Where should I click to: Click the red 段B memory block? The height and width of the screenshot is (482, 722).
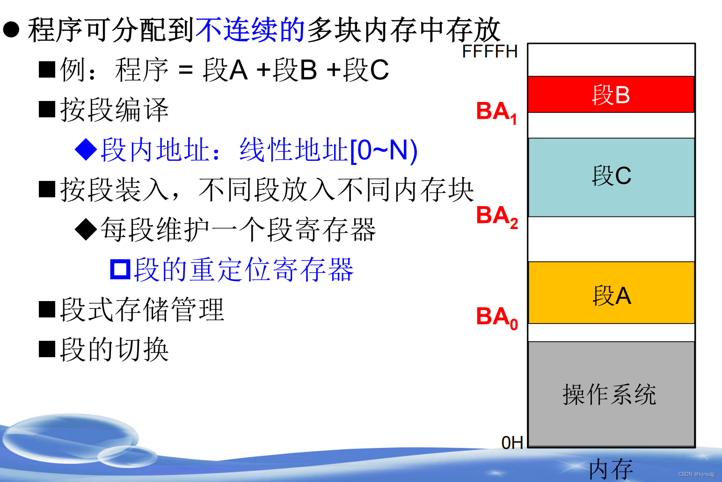[x=611, y=94]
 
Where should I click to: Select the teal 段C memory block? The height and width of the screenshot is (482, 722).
[x=611, y=177]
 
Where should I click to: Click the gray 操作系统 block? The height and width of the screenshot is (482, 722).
[x=611, y=394]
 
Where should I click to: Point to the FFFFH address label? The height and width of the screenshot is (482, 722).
[x=490, y=51]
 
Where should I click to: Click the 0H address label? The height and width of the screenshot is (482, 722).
[x=512, y=442]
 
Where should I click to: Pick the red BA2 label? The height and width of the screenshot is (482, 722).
[x=496, y=217]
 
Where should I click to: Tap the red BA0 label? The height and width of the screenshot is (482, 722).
[x=496, y=317]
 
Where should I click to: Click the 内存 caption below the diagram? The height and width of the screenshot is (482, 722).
[x=611, y=469]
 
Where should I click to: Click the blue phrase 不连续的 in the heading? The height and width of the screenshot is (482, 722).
[x=250, y=30]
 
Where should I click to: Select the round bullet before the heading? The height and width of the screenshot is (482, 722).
[x=11, y=29]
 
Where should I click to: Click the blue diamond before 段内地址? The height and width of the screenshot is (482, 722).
[x=86, y=150]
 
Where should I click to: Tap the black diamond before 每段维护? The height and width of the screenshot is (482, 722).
[x=86, y=230]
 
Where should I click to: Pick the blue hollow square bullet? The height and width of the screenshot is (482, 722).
[x=120, y=269]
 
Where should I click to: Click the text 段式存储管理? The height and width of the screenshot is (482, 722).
[x=142, y=309]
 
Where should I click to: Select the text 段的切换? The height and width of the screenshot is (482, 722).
[x=114, y=349]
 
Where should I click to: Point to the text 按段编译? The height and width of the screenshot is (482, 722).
[x=114, y=110]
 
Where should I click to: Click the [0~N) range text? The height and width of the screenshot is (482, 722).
[x=384, y=151]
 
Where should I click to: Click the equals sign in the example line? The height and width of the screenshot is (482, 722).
[x=185, y=71]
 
